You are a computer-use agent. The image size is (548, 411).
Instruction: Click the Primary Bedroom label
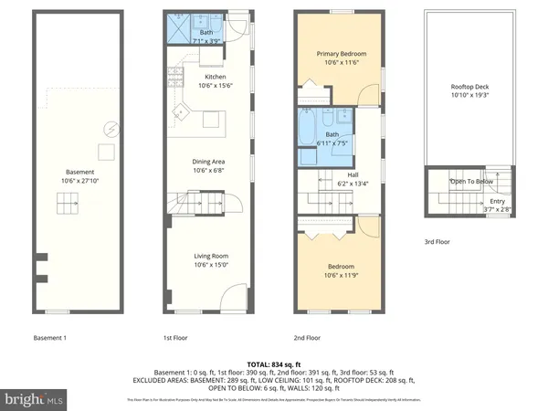coord(340,54)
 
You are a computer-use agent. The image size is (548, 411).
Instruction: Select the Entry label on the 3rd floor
coord(497,201)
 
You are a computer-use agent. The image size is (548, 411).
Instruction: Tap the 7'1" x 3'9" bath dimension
coord(206,40)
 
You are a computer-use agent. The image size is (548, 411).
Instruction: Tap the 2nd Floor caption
coord(307,338)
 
